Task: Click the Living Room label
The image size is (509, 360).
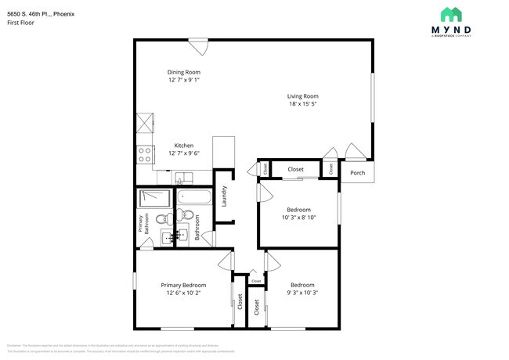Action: coord(302,96)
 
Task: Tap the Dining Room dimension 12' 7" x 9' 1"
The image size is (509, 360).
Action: coord(183,80)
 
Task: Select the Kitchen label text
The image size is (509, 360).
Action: coord(183,146)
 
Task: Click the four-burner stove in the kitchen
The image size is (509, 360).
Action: coord(145,155)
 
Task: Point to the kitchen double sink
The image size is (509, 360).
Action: coord(182,177)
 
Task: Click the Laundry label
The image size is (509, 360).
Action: coord(225,196)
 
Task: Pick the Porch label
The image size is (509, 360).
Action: coord(357,173)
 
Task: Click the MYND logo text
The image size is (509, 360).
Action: coord(457,30)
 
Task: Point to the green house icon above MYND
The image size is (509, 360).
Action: coord(450,13)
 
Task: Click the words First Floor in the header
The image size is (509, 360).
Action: coord(21,23)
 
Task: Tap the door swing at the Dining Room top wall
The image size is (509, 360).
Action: coord(199,47)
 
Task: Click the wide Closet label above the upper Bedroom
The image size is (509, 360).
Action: coord(295,169)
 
